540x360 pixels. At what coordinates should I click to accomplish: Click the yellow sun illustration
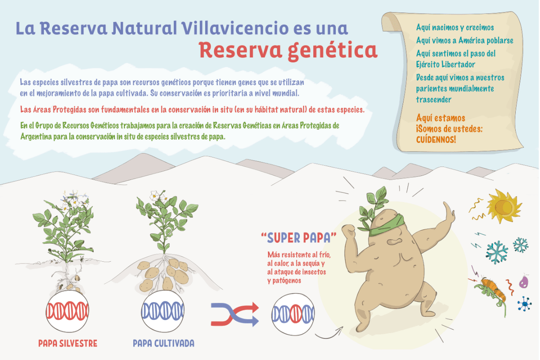click(504, 206)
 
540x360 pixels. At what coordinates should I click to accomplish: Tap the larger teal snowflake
click(497, 252)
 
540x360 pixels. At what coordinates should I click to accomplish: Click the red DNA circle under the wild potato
click(67, 311)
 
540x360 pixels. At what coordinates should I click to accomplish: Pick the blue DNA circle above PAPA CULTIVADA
click(163, 311)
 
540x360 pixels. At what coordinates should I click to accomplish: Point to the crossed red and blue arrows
click(235, 314)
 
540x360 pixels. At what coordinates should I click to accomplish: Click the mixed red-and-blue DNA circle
click(293, 314)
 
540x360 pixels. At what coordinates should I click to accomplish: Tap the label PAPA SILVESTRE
click(68, 343)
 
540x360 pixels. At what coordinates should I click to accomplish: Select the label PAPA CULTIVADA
click(163, 343)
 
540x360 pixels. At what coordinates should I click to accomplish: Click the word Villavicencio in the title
click(235, 28)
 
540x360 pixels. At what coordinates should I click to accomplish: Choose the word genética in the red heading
click(333, 51)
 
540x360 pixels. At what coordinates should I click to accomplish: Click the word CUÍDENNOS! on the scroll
click(436, 139)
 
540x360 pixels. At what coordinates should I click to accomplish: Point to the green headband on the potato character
click(387, 225)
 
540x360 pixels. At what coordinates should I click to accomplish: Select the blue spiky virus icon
click(525, 304)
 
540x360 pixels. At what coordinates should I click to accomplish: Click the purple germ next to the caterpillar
click(523, 281)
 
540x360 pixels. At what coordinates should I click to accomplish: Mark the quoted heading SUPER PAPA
click(299, 238)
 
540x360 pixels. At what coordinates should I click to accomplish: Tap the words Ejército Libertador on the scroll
click(445, 64)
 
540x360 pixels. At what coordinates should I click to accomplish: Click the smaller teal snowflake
click(521, 245)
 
